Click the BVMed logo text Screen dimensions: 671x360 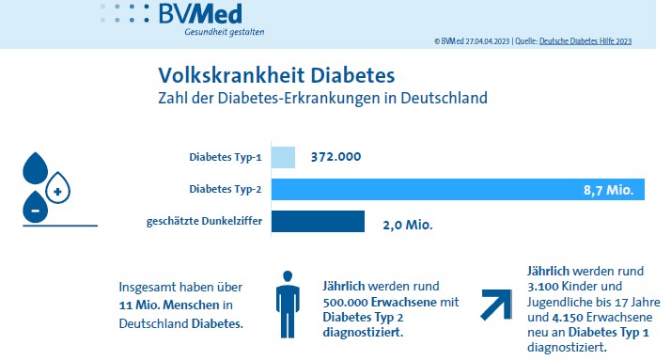click(200, 14)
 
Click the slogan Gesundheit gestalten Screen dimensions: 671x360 click(225, 32)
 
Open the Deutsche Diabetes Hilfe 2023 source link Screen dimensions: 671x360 click(585, 41)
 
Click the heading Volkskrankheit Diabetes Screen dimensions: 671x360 click(276, 75)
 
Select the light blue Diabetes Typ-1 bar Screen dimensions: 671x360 click(283, 157)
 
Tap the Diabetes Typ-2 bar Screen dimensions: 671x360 click(458, 189)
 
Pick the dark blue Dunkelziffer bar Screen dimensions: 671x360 click(318, 221)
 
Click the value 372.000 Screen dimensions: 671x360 click(335, 157)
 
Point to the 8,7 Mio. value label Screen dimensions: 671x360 click(609, 190)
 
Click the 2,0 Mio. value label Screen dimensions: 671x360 click(408, 225)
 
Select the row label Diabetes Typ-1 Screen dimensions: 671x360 click(226, 157)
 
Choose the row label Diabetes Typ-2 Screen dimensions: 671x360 click(226, 189)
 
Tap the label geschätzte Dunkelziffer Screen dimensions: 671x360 click(204, 221)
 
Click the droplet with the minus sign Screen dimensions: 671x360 click(35, 209)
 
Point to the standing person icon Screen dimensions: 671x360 click(288, 304)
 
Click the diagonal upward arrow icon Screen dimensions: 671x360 click(497, 305)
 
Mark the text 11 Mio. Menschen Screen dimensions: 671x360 click(169, 305)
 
